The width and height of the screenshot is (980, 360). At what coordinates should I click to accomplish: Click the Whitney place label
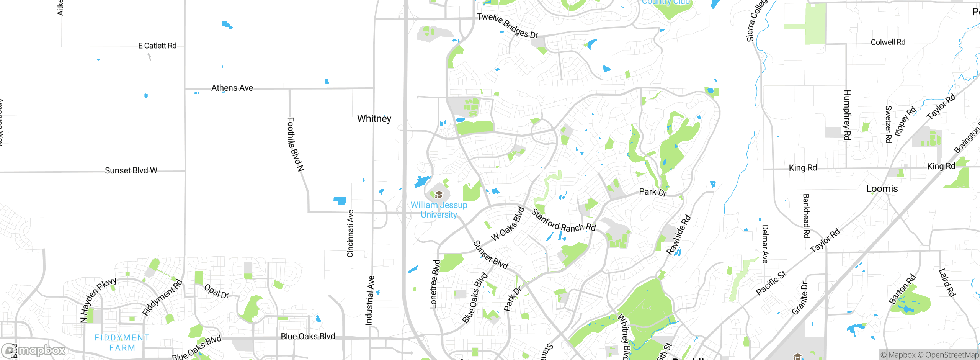(x=374, y=119)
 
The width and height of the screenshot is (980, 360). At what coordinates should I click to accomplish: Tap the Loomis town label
(x=882, y=189)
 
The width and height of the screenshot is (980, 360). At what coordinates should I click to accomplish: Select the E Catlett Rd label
(x=157, y=46)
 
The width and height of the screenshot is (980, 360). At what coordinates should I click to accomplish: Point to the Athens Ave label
(x=232, y=88)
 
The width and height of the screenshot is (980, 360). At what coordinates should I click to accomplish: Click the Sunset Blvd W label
(x=131, y=170)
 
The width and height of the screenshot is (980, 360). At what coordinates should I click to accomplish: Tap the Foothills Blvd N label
(x=296, y=144)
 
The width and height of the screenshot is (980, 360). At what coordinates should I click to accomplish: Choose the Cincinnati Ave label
(x=350, y=234)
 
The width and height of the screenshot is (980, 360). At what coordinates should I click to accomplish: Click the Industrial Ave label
(x=369, y=300)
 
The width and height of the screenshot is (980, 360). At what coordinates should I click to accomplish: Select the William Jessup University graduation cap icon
(x=439, y=195)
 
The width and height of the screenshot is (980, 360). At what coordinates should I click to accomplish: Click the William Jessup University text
(x=439, y=210)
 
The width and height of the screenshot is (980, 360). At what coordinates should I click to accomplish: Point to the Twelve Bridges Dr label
(x=507, y=26)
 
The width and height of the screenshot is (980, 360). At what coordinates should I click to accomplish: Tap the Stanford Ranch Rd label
(x=563, y=221)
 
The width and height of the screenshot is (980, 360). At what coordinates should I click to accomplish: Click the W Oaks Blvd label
(x=508, y=224)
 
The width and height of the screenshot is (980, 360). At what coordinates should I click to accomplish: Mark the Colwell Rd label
(x=888, y=42)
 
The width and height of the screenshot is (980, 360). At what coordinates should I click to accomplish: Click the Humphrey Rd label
(x=847, y=115)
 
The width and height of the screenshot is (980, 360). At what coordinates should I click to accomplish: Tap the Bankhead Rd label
(x=806, y=216)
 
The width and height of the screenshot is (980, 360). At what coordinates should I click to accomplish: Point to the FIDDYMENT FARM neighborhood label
(x=122, y=343)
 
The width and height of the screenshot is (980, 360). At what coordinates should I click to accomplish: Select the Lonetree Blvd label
(x=435, y=284)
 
